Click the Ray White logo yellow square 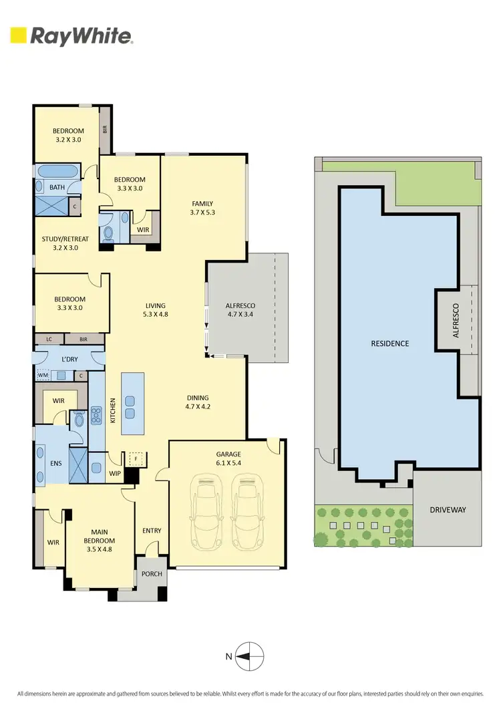click(18, 35)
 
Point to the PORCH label click(150, 573)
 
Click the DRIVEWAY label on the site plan click(448, 510)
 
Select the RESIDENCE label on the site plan click(389, 343)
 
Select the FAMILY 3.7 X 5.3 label click(202, 208)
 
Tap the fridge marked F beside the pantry click(137, 460)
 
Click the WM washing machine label click(44, 376)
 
